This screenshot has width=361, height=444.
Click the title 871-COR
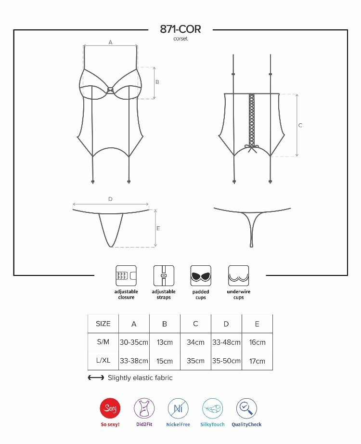[180, 29]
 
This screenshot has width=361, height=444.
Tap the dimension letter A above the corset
[110, 42]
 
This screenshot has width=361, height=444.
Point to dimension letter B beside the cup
[157, 82]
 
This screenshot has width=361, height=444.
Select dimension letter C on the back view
[300, 125]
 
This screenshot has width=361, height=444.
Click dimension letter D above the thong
[110, 199]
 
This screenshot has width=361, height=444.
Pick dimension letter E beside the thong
[158, 228]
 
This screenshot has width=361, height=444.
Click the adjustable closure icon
[126, 276]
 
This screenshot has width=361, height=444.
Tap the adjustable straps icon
[164, 276]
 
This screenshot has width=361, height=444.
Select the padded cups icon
[201, 276]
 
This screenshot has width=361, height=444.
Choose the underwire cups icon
[238, 276]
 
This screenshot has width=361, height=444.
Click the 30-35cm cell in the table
[134, 342]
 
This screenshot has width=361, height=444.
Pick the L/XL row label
[103, 360]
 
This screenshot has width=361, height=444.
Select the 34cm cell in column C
[195, 342]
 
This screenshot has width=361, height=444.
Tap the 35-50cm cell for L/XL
[226, 361]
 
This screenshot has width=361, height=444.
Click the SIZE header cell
[103, 324]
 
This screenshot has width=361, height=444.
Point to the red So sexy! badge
[110, 409]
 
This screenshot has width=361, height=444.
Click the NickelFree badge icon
[178, 409]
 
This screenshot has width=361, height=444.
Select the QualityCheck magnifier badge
[246, 409]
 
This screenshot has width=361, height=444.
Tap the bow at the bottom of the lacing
[251, 147]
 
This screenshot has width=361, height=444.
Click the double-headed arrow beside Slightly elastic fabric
[96, 378]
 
